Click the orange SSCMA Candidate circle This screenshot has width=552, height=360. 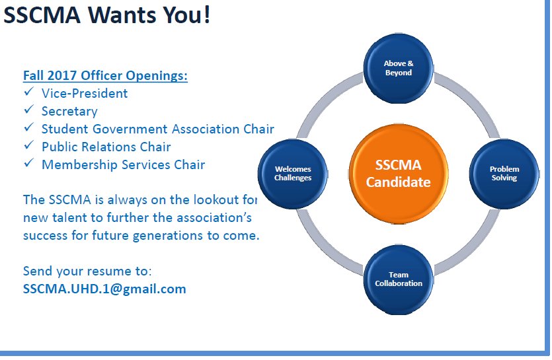click(x=399, y=173)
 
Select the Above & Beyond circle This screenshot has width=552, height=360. click(x=399, y=68)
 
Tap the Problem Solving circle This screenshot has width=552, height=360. click(x=504, y=173)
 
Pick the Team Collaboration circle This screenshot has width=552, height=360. click(x=399, y=278)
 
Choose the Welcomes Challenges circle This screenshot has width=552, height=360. click(x=293, y=173)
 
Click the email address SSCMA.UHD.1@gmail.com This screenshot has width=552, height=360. click(x=104, y=289)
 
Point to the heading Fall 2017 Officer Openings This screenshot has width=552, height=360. click(x=105, y=76)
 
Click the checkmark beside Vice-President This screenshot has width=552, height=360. click(x=28, y=93)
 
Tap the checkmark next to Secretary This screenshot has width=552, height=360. click(x=28, y=111)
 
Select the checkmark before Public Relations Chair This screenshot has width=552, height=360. click(x=28, y=147)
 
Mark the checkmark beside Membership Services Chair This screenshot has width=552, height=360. click(x=28, y=164)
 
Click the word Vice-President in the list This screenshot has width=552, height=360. click(x=85, y=94)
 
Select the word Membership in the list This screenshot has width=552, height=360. click(x=79, y=164)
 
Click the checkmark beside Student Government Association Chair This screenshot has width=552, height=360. click(x=28, y=129)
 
